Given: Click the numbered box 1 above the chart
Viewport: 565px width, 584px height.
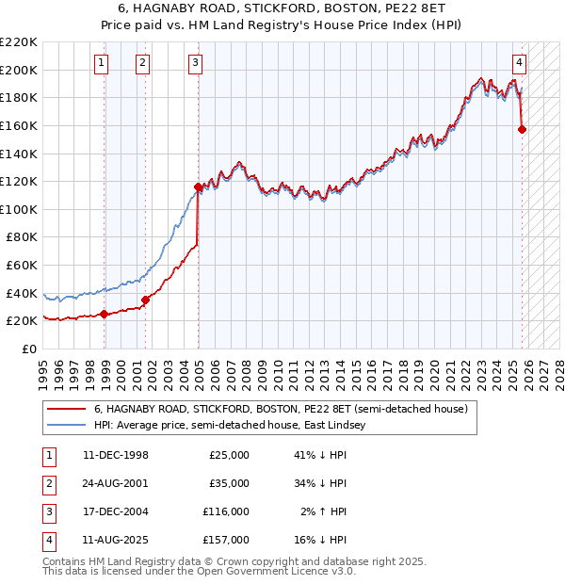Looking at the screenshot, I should pos(101,63).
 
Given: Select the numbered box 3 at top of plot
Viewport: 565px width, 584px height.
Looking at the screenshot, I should pos(195,63).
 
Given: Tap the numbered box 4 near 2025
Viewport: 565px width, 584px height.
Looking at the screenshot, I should pos(519,63).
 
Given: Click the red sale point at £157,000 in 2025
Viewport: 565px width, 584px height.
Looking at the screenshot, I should pos(523,130).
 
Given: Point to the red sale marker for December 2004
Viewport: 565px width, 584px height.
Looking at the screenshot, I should pos(198,187).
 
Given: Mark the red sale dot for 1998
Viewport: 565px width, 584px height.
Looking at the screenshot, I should pos(104,315).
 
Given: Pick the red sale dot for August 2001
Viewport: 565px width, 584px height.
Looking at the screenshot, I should pos(146,300).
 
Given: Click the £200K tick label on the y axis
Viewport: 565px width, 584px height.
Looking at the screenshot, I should pos(19,70).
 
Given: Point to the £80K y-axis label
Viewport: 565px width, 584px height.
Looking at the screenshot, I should pos(22,237).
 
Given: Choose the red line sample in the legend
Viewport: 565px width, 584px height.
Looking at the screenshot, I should pos(67,410).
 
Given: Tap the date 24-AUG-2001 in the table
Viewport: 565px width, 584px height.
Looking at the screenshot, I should pos(116,483).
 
